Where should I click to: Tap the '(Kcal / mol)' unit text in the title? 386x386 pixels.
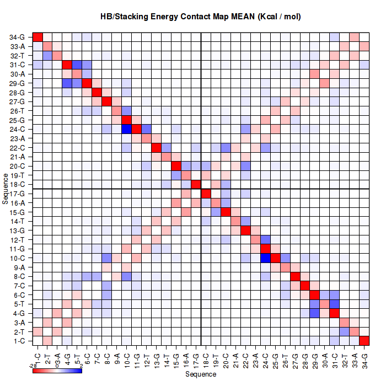tap(278, 17)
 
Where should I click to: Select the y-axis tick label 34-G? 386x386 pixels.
tap(17, 37)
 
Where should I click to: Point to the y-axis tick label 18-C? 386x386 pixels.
tap(17, 184)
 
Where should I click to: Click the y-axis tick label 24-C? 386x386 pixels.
tap(17, 129)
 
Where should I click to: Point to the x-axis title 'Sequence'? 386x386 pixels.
tap(201, 374)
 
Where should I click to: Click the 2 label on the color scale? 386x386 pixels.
tap(82, 365)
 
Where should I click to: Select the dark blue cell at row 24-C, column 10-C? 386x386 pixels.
tap(126, 129)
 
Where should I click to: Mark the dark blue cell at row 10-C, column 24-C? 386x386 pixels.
tap(265, 258)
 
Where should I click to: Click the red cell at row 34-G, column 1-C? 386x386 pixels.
tap(37, 37)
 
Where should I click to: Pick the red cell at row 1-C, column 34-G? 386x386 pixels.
tap(364, 341)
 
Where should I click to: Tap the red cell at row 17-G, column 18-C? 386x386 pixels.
tap(206, 194)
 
